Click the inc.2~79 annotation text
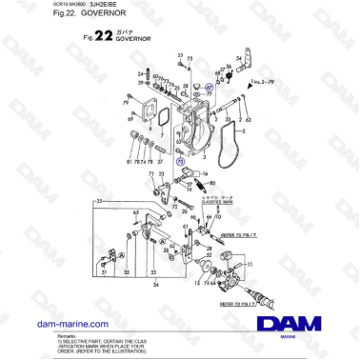(x=262, y=83)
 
